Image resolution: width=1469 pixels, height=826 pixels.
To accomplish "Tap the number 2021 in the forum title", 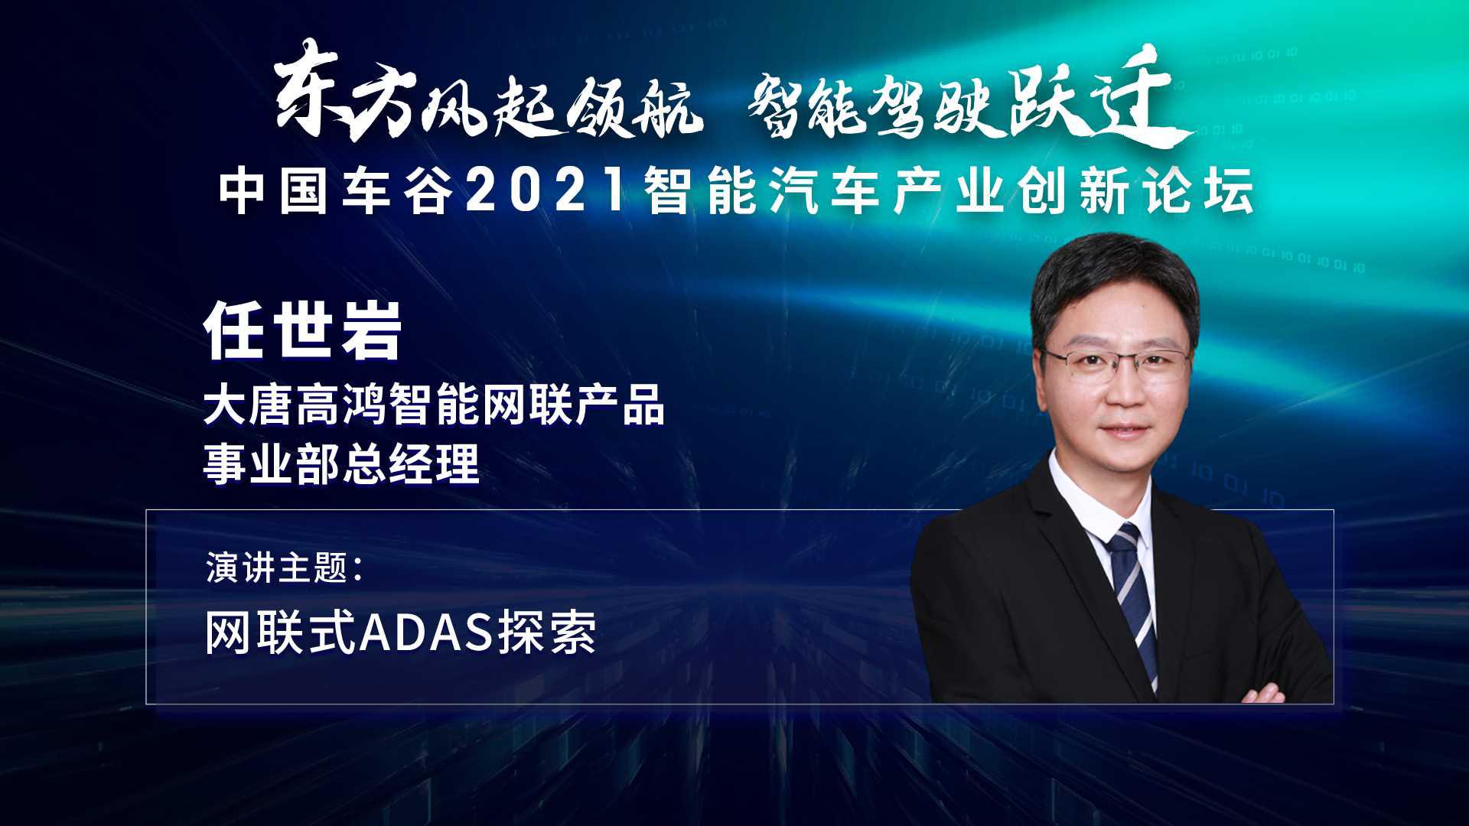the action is [546, 190].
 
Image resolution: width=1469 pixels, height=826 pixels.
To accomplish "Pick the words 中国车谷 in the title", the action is [332, 190].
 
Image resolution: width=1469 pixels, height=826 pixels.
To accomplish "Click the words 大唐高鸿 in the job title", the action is [295, 405].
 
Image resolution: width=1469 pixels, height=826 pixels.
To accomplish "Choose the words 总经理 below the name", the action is [410, 463].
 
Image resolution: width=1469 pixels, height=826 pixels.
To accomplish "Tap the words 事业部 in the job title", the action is [272, 463].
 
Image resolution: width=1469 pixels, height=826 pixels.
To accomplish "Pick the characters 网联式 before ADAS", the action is [281, 634].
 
